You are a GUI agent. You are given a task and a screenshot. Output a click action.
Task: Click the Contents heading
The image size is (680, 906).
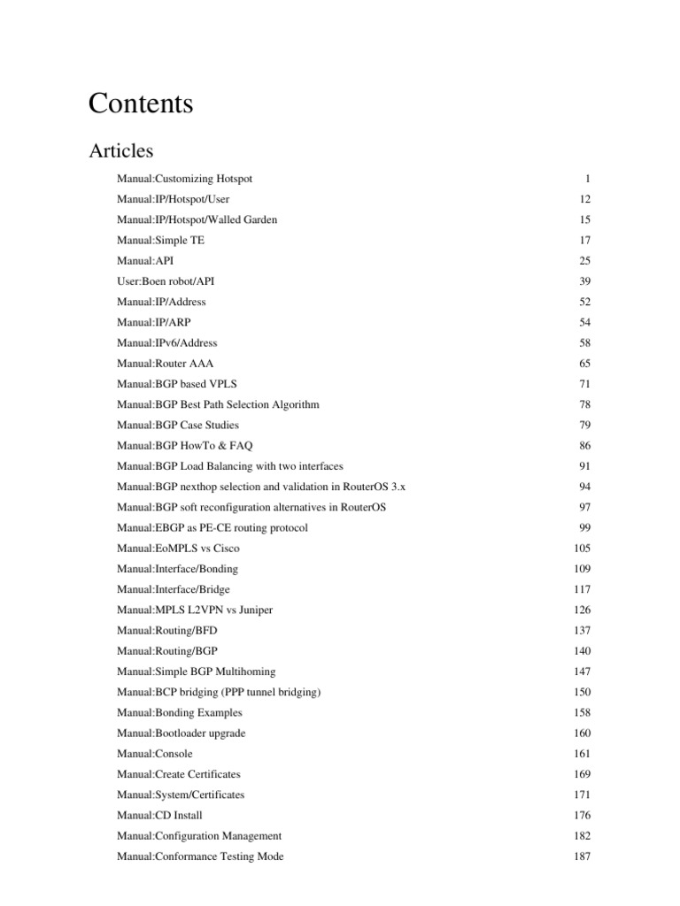pos(141,104)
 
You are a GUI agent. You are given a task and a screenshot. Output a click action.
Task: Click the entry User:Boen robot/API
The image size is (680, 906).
pos(166,281)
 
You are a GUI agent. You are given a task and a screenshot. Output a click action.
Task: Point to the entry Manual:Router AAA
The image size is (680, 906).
pos(166,364)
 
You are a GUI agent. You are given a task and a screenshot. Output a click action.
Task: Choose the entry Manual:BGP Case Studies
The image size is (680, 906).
pos(178,425)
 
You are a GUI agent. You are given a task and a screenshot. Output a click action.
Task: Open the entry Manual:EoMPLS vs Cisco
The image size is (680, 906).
pos(178,549)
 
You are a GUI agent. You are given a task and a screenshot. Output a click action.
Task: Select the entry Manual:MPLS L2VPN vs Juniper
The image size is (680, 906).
pos(189,610)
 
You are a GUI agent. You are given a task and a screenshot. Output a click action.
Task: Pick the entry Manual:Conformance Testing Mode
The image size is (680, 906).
pos(200,856)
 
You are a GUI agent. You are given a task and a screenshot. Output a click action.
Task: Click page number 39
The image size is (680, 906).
pos(584,281)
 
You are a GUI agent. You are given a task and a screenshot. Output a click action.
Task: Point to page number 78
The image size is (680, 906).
pos(584,404)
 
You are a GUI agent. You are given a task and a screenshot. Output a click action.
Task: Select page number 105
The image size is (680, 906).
pos(582,549)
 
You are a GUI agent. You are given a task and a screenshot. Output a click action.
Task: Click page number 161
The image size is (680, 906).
pos(582,754)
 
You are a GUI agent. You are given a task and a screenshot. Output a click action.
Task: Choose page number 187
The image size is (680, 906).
pos(582,856)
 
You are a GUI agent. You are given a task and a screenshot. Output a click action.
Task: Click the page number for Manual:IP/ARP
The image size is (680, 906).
pos(584,322)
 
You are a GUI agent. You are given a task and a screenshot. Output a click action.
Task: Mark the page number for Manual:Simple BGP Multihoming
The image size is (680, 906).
pos(582,672)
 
